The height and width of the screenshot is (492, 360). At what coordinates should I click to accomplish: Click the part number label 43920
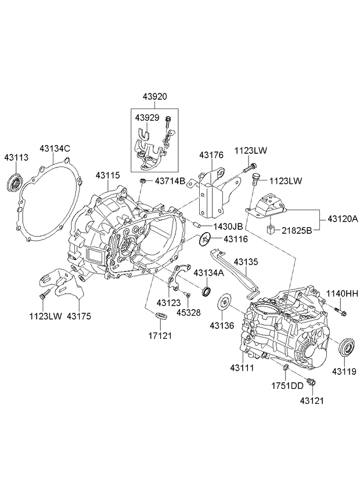(155, 97)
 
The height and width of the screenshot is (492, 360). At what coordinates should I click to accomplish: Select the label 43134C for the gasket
(55, 149)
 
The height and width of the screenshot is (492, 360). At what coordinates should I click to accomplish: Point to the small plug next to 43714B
(143, 181)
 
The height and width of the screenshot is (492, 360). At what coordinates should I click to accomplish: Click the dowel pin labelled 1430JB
(196, 225)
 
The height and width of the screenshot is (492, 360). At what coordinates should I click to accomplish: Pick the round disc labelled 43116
(205, 240)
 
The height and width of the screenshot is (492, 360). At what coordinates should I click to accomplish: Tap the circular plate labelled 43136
(224, 302)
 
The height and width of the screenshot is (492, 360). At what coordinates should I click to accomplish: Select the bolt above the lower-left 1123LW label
(45, 294)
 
